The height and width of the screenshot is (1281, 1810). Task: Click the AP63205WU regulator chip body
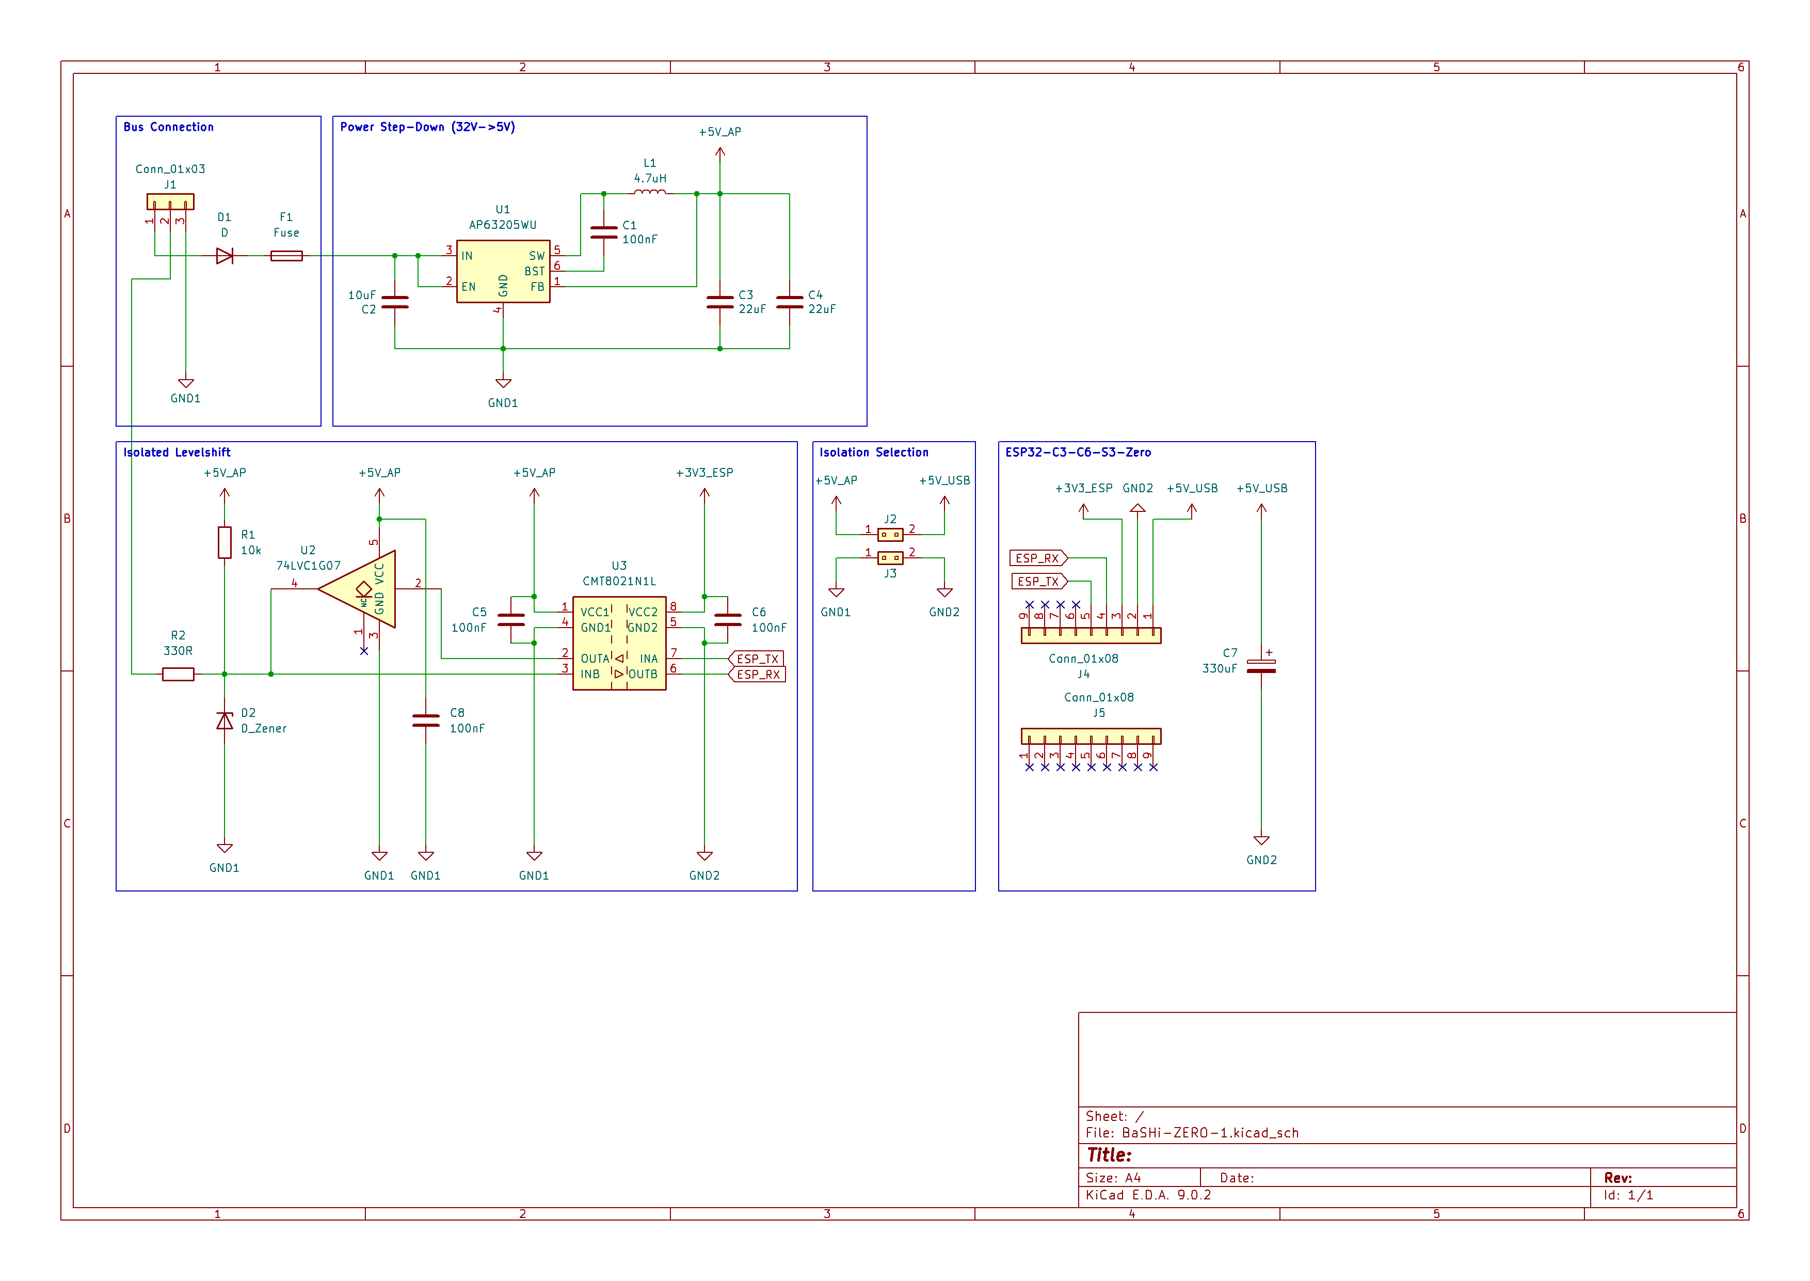503,271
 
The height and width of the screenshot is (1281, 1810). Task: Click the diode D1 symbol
225,256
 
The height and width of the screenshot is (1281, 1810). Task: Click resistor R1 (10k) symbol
225,543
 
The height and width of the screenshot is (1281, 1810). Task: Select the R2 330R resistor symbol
178,675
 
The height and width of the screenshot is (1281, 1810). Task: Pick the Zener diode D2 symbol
225,721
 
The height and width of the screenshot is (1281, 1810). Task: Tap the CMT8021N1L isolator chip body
620,644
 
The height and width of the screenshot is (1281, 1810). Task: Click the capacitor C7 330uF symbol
1261,666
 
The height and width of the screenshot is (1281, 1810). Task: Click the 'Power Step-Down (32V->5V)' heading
427,127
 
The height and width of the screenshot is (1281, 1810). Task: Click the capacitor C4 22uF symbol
789,302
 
